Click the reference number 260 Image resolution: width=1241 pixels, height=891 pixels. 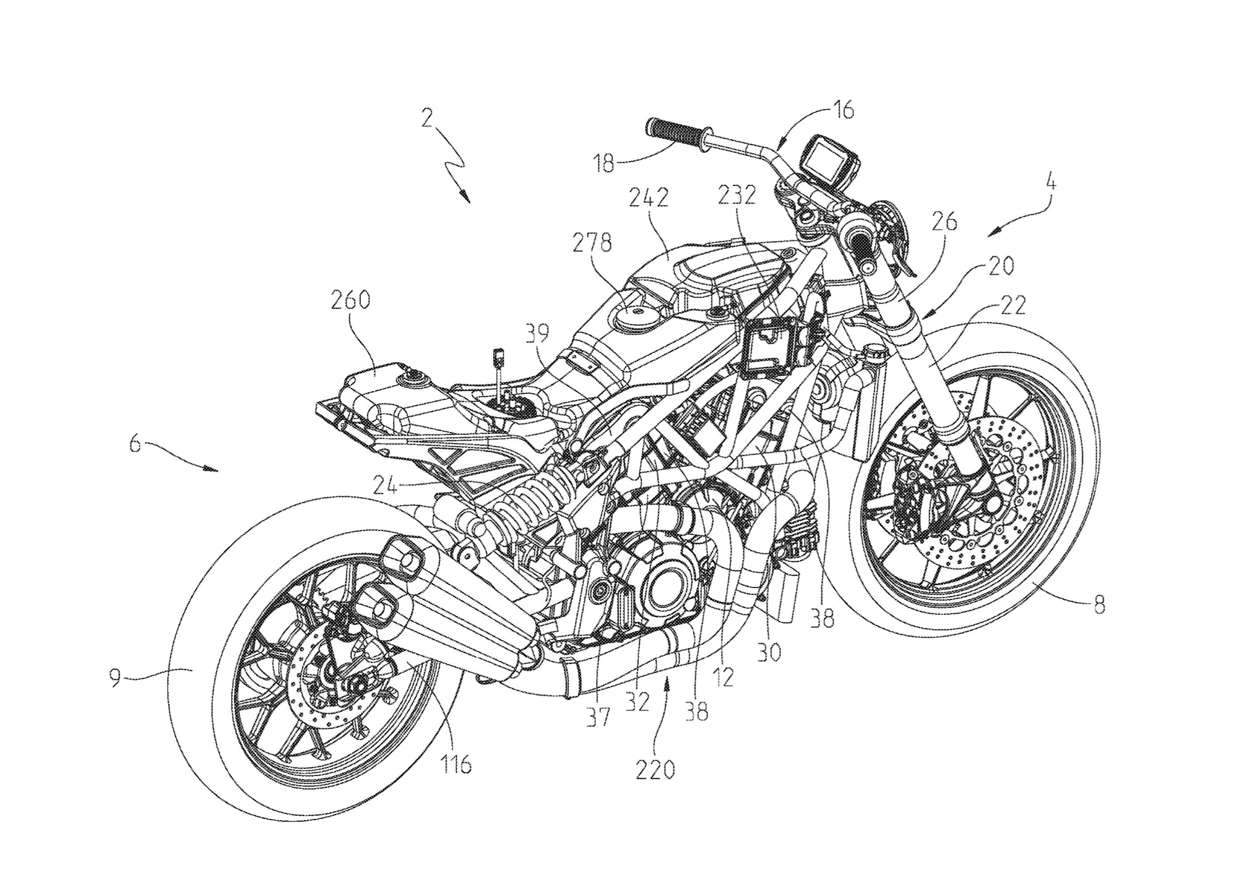tap(350, 301)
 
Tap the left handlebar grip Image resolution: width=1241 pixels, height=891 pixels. tap(675, 132)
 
